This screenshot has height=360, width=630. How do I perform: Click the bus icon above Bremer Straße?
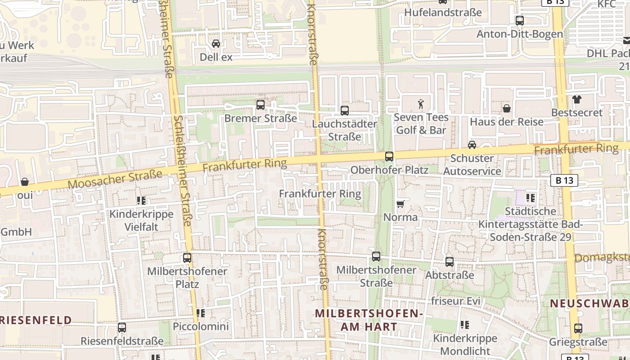point(260,105)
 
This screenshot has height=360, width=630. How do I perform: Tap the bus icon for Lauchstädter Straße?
point(345,110)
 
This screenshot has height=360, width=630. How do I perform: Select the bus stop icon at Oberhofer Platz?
point(389,157)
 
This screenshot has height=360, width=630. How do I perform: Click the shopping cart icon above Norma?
point(400,204)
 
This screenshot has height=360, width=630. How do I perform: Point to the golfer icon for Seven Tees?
point(421,104)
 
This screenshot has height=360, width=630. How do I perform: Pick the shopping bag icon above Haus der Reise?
point(507,108)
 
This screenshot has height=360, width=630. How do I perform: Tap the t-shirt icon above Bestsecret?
point(576,99)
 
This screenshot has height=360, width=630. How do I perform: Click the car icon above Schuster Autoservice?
point(472,145)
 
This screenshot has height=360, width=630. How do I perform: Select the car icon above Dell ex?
point(216,44)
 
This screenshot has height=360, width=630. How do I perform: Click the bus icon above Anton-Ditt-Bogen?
point(520,20)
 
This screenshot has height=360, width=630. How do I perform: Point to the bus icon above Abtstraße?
point(450,262)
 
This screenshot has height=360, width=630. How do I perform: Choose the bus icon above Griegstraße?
point(578,328)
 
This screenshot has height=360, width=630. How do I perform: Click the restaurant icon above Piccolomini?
point(201,313)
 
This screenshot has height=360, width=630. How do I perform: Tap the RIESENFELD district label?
point(36,320)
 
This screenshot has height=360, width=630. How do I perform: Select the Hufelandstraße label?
point(443,12)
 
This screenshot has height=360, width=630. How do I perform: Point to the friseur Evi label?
point(456,301)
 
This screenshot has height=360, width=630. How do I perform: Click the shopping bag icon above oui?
point(25,182)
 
